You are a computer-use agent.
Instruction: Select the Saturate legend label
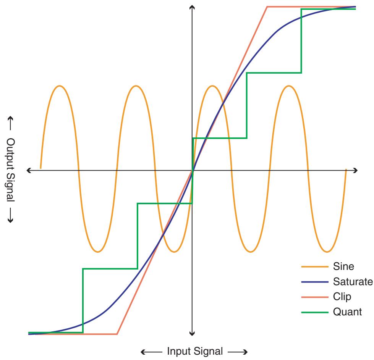point(350,281)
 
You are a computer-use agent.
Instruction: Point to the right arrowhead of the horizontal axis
point(355,170)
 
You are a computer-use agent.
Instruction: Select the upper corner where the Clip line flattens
point(267,6)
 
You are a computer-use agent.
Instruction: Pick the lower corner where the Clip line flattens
point(117,334)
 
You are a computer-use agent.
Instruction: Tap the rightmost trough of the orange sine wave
point(327,252)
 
